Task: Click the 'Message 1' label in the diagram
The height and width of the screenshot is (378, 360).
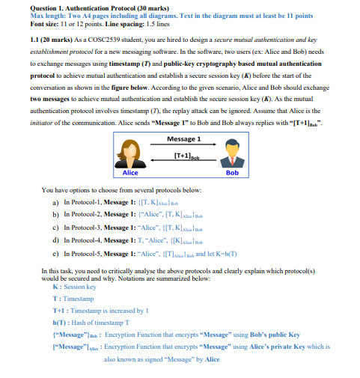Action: pos(183,139)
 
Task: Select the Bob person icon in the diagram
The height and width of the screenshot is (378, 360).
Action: pos(231,153)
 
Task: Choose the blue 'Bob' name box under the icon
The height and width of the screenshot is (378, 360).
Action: pos(231,172)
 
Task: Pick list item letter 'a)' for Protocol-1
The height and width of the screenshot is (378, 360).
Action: pos(55,203)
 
